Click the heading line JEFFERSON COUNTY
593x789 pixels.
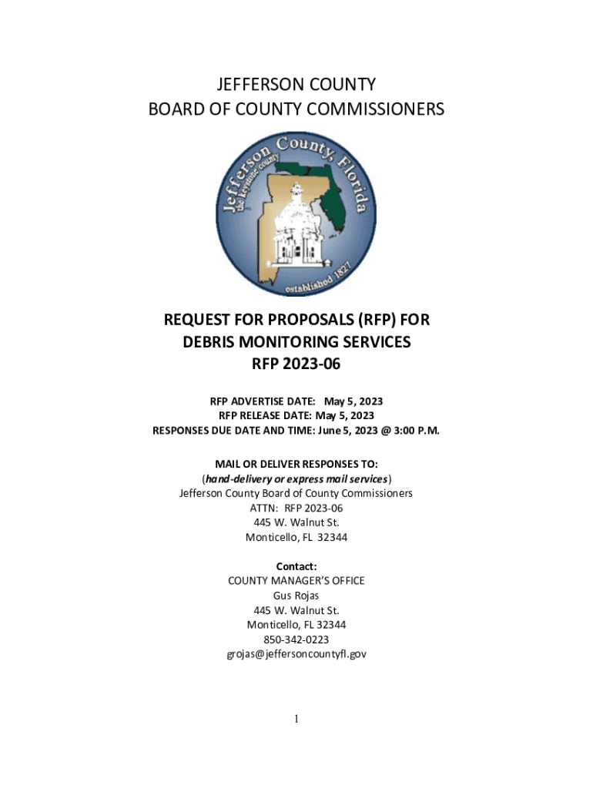pyautogui.click(x=296, y=84)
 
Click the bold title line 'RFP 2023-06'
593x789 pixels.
pyautogui.click(x=296, y=364)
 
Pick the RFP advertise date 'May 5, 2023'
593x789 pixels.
pyautogui.click(x=353, y=401)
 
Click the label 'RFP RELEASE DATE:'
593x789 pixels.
pyautogui.click(x=261, y=416)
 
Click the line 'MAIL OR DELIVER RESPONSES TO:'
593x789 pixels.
pyautogui.click(x=296, y=464)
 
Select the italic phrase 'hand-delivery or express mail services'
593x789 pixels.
pyautogui.click(x=296, y=478)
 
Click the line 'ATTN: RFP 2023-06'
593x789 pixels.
pyautogui.click(x=296, y=508)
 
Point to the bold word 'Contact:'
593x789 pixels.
pyautogui.click(x=296, y=566)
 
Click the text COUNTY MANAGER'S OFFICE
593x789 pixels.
pyautogui.click(x=296, y=581)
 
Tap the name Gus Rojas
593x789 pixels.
pyautogui.click(x=296, y=596)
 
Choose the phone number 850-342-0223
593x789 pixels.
pyautogui.click(x=296, y=640)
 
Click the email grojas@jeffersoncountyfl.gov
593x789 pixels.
pyautogui.click(x=296, y=654)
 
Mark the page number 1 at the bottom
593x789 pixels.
pyautogui.click(x=296, y=719)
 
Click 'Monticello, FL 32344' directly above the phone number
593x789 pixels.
pyautogui.click(x=296, y=625)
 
